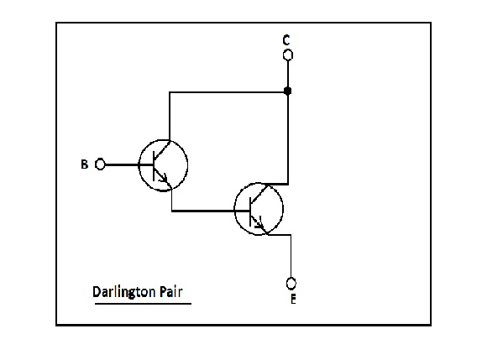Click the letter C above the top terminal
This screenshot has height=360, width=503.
[287, 40]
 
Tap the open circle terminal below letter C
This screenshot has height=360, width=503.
[287, 56]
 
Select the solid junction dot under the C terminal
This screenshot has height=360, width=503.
[287, 91]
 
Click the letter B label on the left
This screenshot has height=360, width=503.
[84, 164]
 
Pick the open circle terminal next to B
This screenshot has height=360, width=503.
[100, 164]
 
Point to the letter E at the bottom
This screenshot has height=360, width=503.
[292, 297]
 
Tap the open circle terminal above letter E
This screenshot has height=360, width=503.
[291, 282]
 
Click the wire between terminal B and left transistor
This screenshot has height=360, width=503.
[122, 164]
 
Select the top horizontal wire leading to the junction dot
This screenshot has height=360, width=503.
[227, 91]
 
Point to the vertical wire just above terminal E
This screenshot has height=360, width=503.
[291, 256]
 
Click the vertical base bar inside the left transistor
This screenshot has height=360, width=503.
[155, 164]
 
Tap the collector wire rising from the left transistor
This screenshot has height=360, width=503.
[170, 117]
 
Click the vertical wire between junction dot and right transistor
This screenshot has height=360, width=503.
[288, 138]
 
